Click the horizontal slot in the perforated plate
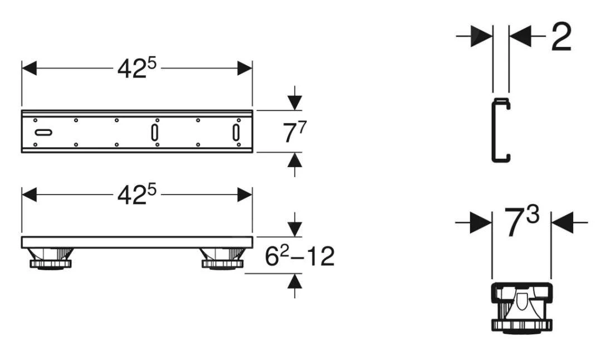coord(43,133)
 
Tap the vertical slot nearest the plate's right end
coord(236,133)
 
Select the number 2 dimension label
coord(560,37)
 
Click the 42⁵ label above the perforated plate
coord(137,69)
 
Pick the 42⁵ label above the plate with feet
coord(137,194)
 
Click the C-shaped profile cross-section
coord(501,131)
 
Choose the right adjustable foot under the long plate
coord(223,257)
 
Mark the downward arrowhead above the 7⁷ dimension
coord(295,103)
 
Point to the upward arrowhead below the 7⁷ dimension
coord(295,160)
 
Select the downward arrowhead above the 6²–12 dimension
coord(295,228)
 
